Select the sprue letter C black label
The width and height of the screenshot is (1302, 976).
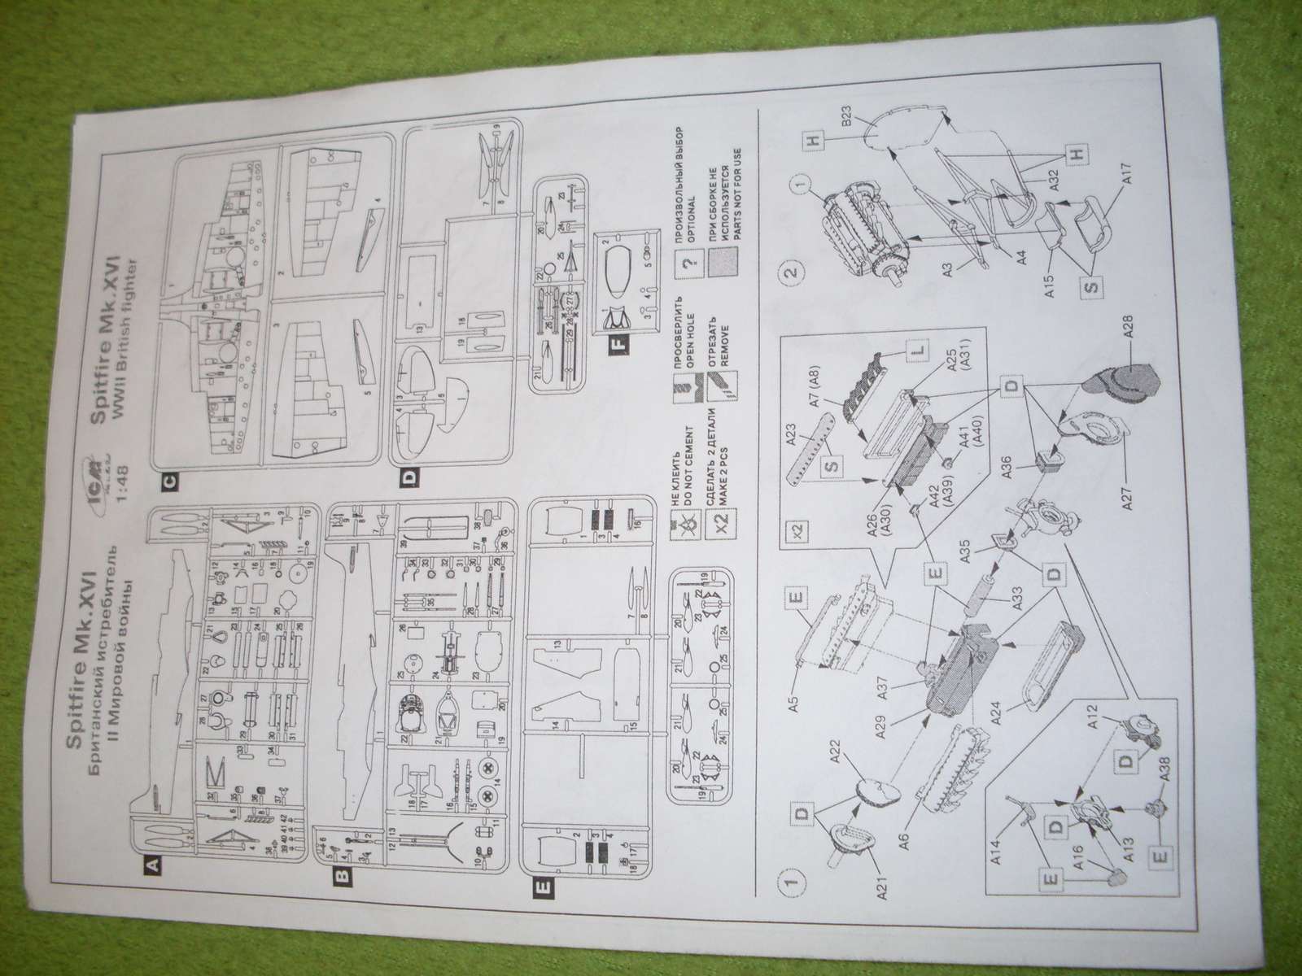point(167,481)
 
